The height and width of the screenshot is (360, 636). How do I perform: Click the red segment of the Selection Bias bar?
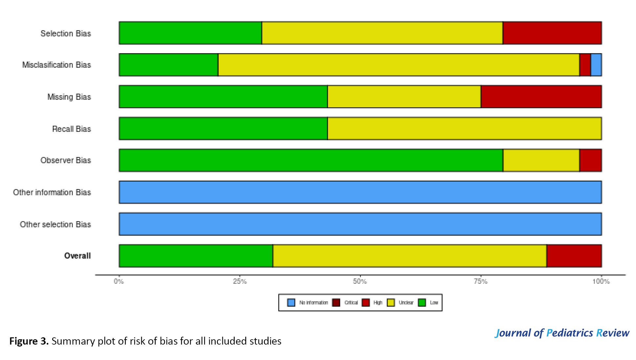pyautogui.click(x=552, y=33)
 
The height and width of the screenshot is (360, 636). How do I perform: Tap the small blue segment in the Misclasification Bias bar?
pyautogui.click(x=596, y=65)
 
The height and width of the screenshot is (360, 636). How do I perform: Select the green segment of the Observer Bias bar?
pyautogui.click(x=311, y=160)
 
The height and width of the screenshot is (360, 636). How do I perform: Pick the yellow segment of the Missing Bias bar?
pyautogui.click(x=404, y=97)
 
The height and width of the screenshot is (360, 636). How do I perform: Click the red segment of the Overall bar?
pyautogui.click(x=574, y=256)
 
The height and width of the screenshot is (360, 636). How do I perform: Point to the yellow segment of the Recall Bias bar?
pyautogui.click(x=464, y=128)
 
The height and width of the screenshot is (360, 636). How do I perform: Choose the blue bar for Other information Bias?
pyautogui.click(x=360, y=192)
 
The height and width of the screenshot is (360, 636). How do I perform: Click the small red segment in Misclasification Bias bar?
pyautogui.click(x=585, y=65)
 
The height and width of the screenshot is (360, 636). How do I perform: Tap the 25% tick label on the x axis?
pyautogui.click(x=240, y=281)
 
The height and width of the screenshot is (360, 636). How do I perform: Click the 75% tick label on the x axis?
pyautogui.click(x=480, y=281)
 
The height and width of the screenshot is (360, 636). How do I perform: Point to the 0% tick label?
pyautogui.click(x=119, y=281)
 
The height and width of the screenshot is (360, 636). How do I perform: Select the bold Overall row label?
pyautogui.click(x=77, y=256)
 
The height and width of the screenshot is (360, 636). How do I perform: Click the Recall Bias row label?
pyautogui.click(x=71, y=129)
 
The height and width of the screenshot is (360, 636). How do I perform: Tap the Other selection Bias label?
pyautogui.click(x=55, y=224)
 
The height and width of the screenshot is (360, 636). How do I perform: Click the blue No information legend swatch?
pyautogui.click(x=291, y=303)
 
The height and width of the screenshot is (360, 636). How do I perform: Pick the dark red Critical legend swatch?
pyautogui.click(x=336, y=303)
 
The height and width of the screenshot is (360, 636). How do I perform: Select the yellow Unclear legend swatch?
pyautogui.click(x=391, y=303)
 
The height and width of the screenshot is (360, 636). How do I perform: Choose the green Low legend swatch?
pyautogui.click(x=422, y=303)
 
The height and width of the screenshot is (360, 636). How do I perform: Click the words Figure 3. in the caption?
pyautogui.click(x=29, y=341)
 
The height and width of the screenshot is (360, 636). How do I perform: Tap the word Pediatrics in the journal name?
pyautogui.click(x=569, y=333)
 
